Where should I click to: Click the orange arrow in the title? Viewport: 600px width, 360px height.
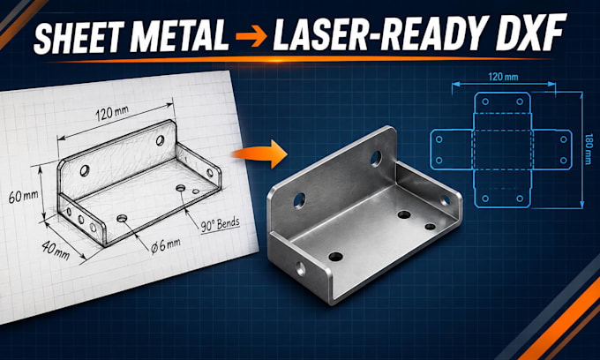(x=251, y=36)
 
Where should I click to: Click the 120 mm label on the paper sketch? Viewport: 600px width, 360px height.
(x=112, y=113)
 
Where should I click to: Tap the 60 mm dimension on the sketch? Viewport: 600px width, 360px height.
(x=24, y=197)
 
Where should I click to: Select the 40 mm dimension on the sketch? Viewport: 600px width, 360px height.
(x=56, y=250)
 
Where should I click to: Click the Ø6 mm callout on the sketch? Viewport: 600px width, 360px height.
(x=165, y=245)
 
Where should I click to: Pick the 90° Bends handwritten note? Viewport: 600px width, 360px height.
(x=220, y=224)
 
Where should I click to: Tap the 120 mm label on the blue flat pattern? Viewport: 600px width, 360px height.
(x=503, y=77)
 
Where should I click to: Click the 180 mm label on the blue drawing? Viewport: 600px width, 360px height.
(x=589, y=149)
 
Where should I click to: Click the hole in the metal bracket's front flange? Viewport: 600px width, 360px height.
(x=301, y=268)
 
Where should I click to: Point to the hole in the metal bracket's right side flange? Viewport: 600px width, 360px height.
(x=445, y=200)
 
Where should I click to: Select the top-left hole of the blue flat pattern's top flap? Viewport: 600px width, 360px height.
(x=485, y=101)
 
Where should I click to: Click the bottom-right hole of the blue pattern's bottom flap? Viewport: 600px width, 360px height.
(x=520, y=199)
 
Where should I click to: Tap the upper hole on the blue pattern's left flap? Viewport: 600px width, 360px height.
(x=439, y=139)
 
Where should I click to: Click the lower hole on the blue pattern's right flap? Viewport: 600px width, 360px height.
(x=563, y=160)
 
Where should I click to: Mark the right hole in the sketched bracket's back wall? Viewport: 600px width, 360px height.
(x=160, y=140)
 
